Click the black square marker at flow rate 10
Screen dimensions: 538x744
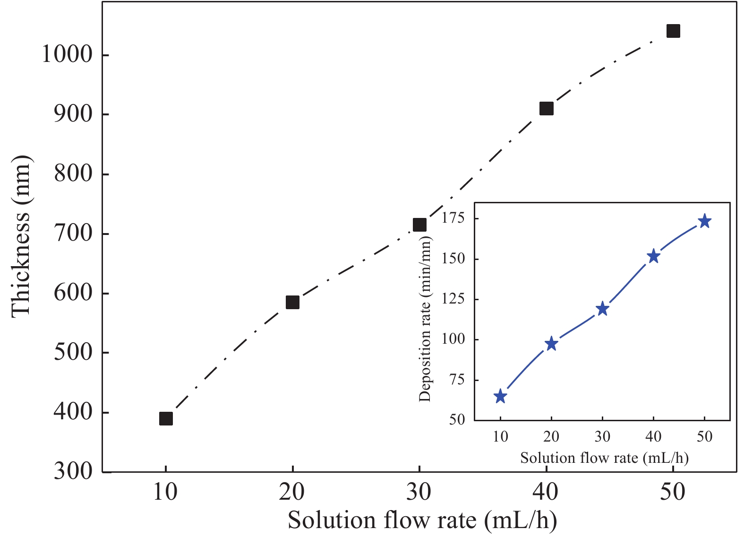pyautogui.click(x=166, y=418)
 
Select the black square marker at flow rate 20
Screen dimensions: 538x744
pyautogui.click(x=292, y=302)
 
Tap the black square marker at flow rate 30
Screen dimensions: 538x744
pyautogui.click(x=419, y=225)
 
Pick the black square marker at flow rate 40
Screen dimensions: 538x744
pyautogui.click(x=546, y=108)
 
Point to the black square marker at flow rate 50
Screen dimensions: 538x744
pyautogui.click(x=673, y=31)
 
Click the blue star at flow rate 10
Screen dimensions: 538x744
pyautogui.click(x=500, y=397)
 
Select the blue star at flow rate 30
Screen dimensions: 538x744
pyautogui.click(x=602, y=309)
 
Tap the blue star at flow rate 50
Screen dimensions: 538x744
pyautogui.click(x=704, y=221)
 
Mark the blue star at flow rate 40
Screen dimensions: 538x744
pyautogui.click(x=653, y=256)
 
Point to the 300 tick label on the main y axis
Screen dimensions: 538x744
pyautogui.click(x=73, y=471)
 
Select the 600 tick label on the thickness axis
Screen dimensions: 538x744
pyautogui.click(x=73, y=293)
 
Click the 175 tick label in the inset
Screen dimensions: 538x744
pyautogui.click(x=453, y=218)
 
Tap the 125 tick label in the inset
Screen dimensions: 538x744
pyautogui.click(x=453, y=299)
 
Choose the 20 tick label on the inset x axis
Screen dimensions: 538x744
pyautogui.click(x=551, y=436)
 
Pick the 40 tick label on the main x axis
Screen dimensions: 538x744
pyautogui.click(x=546, y=492)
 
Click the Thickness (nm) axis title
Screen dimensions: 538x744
pyautogui.click(x=21, y=235)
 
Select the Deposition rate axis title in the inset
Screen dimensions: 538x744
pyautogui.click(x=425, y=319)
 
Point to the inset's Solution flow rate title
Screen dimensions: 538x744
pyautogui.click(x=604, y=458)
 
